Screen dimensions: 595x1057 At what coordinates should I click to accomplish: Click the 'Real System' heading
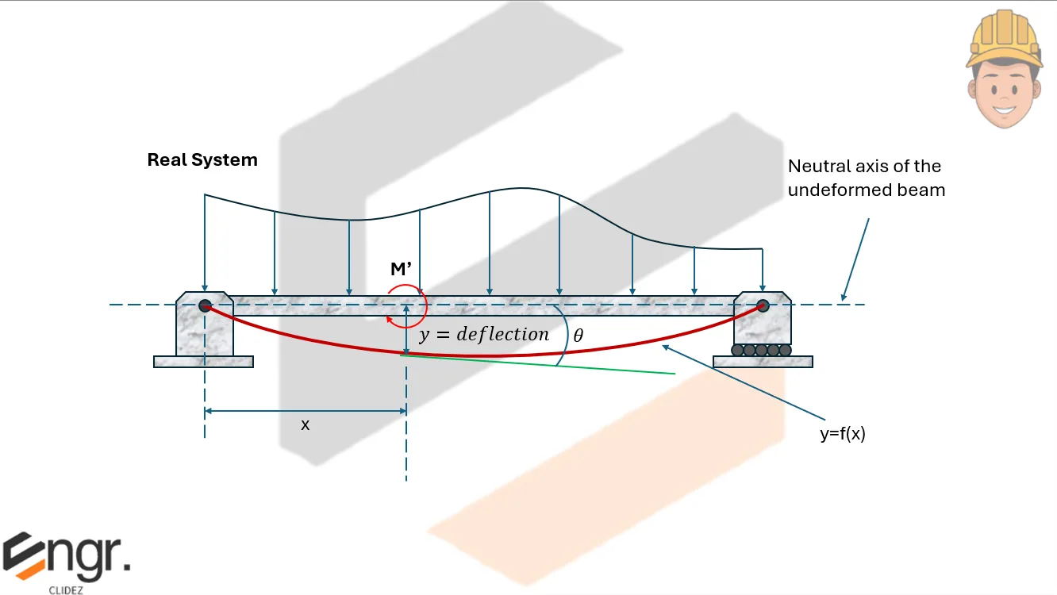202,159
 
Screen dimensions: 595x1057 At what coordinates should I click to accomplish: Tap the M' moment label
400,270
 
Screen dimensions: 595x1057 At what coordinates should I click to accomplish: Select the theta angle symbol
578,336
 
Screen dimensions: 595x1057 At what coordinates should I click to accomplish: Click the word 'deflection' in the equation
502,334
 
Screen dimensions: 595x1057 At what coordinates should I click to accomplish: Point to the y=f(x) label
842,434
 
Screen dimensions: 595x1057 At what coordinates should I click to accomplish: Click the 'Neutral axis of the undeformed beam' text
866,178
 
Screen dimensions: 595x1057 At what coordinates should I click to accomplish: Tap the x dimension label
305,425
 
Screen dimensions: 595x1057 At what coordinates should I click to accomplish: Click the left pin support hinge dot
205,305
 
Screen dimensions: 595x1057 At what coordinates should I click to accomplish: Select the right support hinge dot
763,305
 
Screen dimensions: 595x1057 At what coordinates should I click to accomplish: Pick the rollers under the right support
762,349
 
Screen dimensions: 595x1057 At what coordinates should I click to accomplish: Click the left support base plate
203,362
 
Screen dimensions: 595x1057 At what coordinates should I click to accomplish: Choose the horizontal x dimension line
306,411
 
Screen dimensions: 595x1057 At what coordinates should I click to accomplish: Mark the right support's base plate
763,362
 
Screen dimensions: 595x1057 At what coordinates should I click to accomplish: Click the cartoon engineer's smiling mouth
1004,109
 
